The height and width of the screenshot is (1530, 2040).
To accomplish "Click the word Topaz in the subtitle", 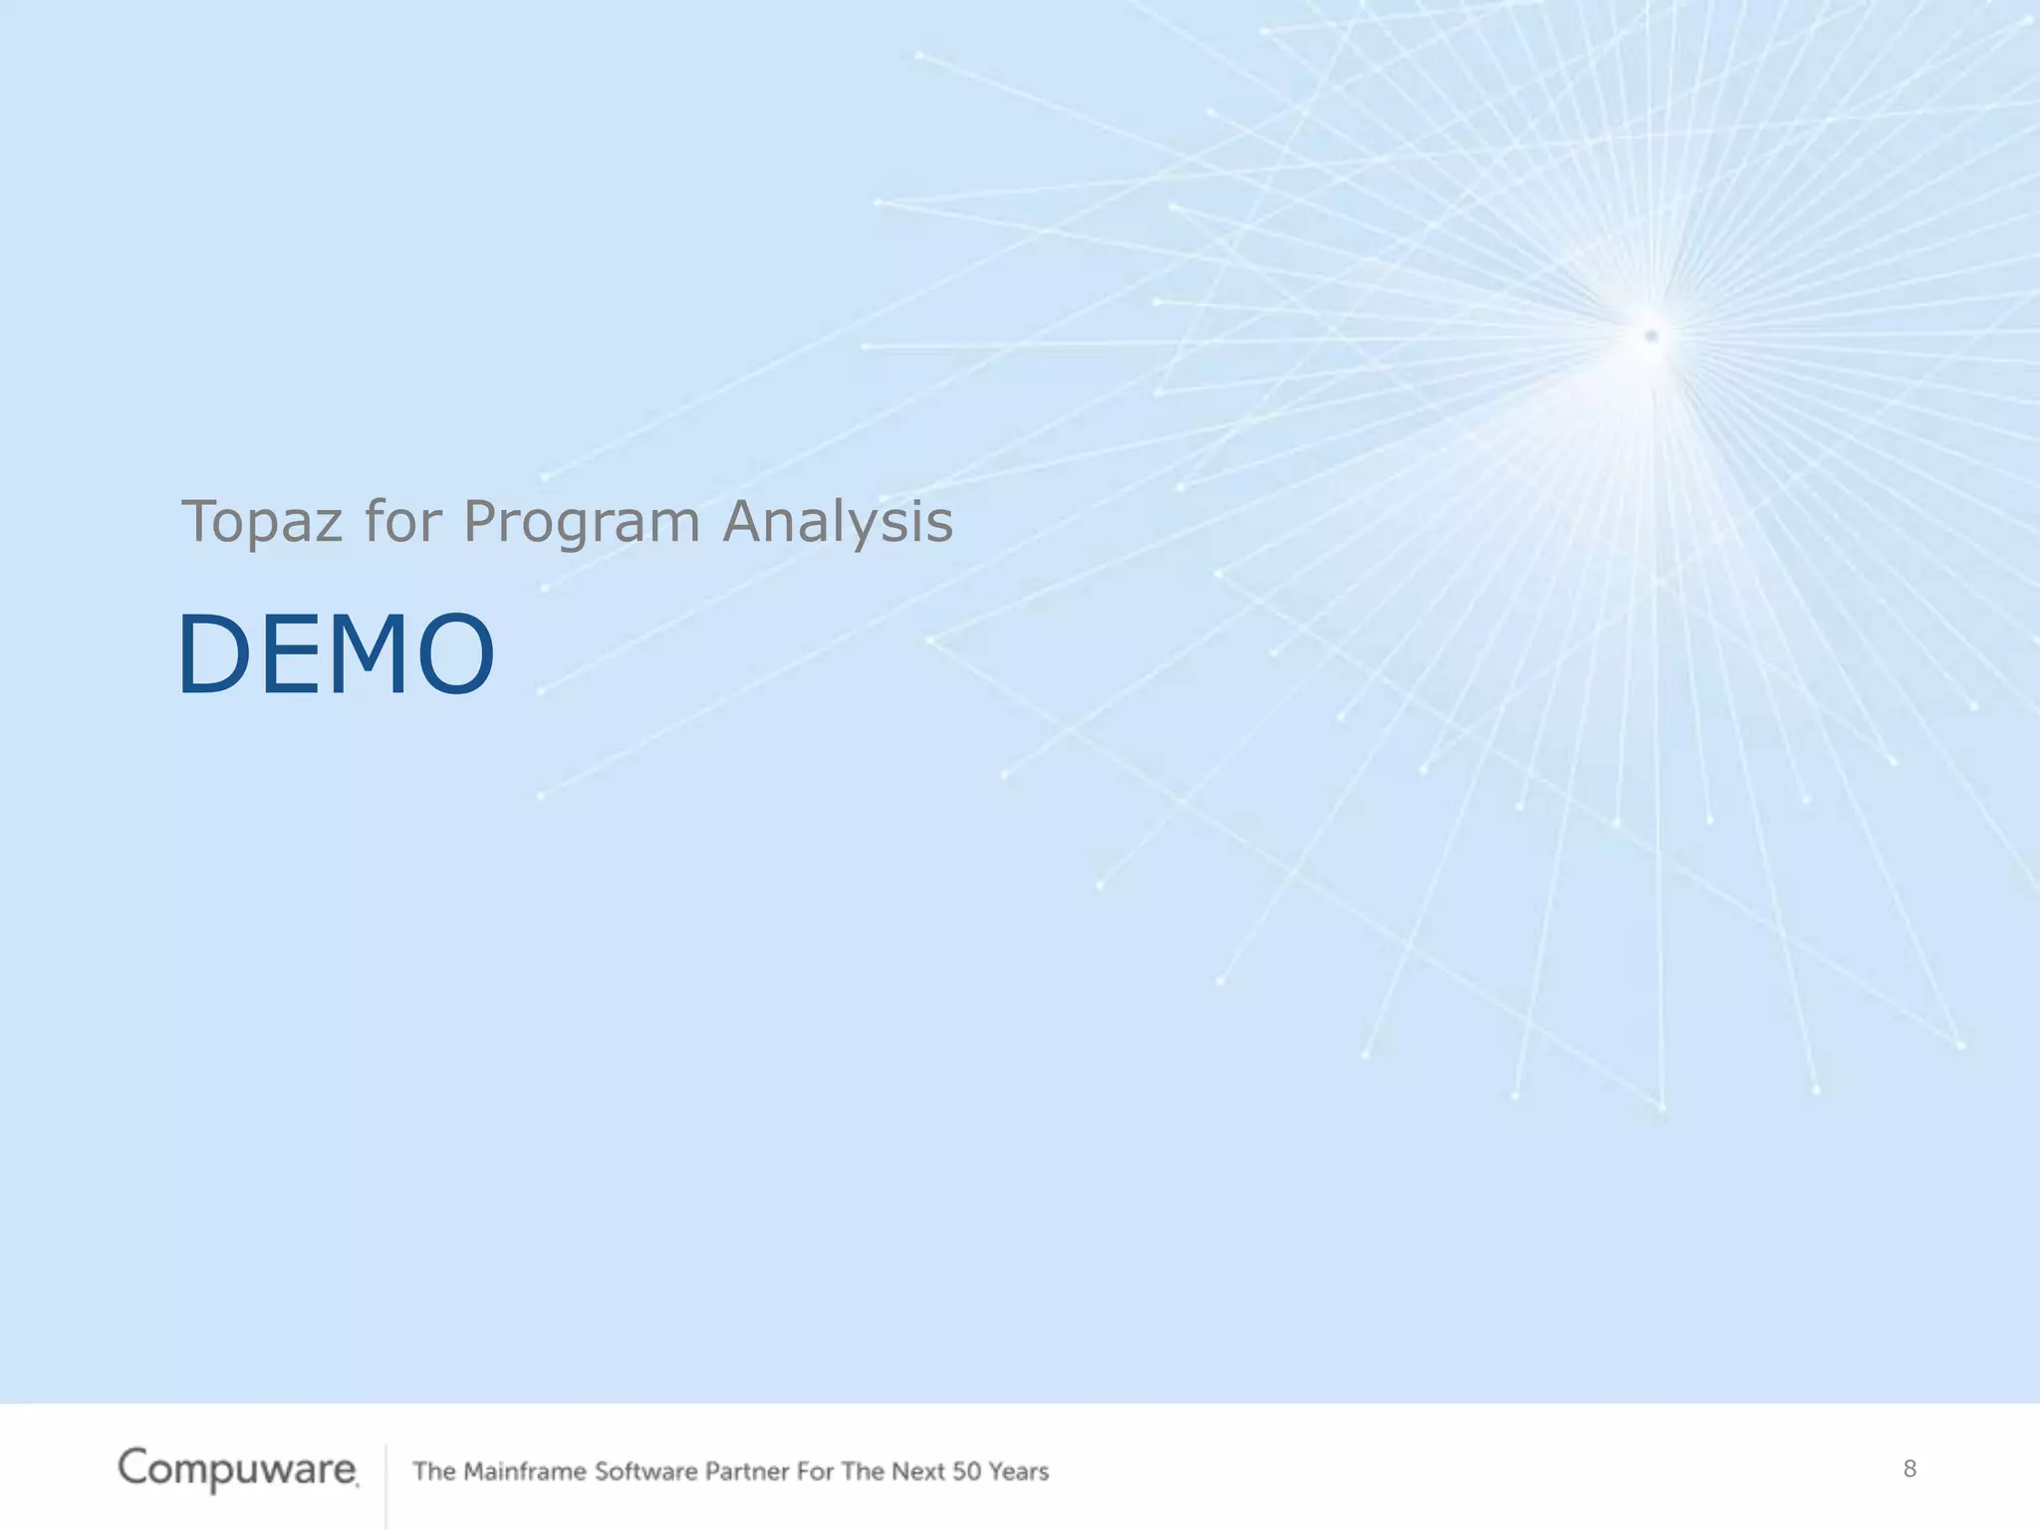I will pyautogui.click(x=262, y=522).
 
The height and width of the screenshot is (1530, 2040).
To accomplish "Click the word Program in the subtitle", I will pyautogui.click(x=582, y=522).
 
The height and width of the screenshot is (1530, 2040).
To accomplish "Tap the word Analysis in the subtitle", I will pyautogui.click(x=838, y=522).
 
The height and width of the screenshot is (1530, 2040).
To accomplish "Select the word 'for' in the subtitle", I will pyautogui.click(x=402, y=522).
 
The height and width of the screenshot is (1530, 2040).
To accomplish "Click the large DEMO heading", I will pyautogui.click(x=336, y=654).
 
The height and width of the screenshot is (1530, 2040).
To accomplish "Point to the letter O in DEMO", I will pyautogui.click(x=456, y=654).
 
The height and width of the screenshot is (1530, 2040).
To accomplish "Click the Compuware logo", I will pyautogui.click(x=237, y=1469).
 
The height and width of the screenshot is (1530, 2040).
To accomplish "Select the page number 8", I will pyautogui.click(x=1910, y=1468).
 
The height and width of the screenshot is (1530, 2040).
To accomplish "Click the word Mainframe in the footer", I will pyautogui.click(x=525, y=1471).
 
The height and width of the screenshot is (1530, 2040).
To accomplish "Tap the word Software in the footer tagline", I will pyautogui.click(x=645, y=1471).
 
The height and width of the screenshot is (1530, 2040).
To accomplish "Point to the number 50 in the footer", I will pyautogui.click(x=966, y=1471).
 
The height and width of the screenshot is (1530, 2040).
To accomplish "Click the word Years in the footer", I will pyautogui.click(x=1019, y=1471).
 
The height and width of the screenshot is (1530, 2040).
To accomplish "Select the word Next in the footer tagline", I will pyautogui.click(x=917, y=1471).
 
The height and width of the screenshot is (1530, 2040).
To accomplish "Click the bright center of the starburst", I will pyautogui.click(x=1651, y=336).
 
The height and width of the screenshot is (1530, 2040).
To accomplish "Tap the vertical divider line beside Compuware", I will pyautogui.click(x=385, y=1484).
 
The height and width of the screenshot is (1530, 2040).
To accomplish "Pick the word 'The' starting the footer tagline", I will pyautogui.click(x=434, y=1471).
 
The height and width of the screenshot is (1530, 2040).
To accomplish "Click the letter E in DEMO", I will pyautogui.click(x=287, y=654).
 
